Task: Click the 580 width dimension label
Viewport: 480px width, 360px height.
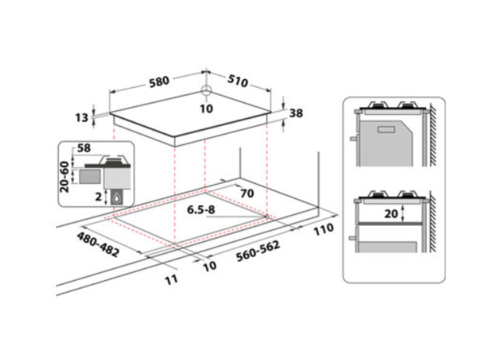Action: (x=159, y=81)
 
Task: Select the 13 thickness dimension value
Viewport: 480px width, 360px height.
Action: (x=82, y=117)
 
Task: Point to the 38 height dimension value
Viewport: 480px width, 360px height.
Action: (x=296, y=113)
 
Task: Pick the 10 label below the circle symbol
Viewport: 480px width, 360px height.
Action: (x=206, y=109)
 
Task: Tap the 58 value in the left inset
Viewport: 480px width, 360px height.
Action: (x=84, y=149)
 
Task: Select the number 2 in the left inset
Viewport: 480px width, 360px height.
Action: (x=98, y=197)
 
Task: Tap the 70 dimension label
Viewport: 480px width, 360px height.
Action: (x=247, y=193)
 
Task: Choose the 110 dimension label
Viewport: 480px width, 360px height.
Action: (x=323, y=230)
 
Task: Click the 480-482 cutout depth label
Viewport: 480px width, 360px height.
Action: (x=98, y=244)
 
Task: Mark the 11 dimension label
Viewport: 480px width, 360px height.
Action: (x=172, y=279)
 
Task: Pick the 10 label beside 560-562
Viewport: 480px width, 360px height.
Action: (x=210, y=265)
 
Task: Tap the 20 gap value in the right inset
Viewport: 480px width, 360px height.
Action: (x=391, y=214)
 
